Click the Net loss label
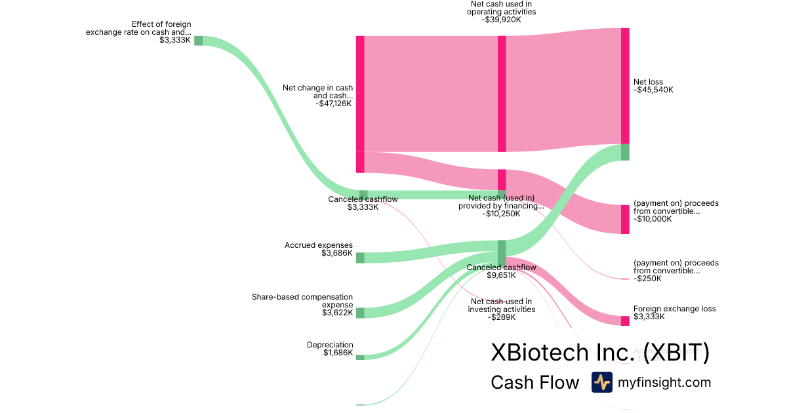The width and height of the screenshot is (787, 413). point(649,82)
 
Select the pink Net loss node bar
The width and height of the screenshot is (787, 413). point(625,85)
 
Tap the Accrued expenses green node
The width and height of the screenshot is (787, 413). point(360,258)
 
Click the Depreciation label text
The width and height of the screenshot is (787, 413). point(330,345)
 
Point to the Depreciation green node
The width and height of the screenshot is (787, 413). point(360,357)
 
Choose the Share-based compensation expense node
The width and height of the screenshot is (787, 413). point(360,313)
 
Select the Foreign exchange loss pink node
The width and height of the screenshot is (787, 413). point(625,321)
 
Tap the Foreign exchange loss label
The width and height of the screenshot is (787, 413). point(674,309)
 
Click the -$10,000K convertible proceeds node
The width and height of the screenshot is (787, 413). point(625,219)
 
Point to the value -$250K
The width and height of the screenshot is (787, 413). point(647,279)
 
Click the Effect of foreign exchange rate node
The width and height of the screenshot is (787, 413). point(198,41)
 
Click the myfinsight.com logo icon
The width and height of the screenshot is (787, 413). point(601,382)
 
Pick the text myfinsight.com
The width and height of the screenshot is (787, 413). point(664,382)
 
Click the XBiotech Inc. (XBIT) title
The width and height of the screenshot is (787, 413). point(599,353)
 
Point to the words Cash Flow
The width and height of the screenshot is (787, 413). point(535,383)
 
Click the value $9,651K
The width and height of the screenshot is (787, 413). point(501,275)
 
